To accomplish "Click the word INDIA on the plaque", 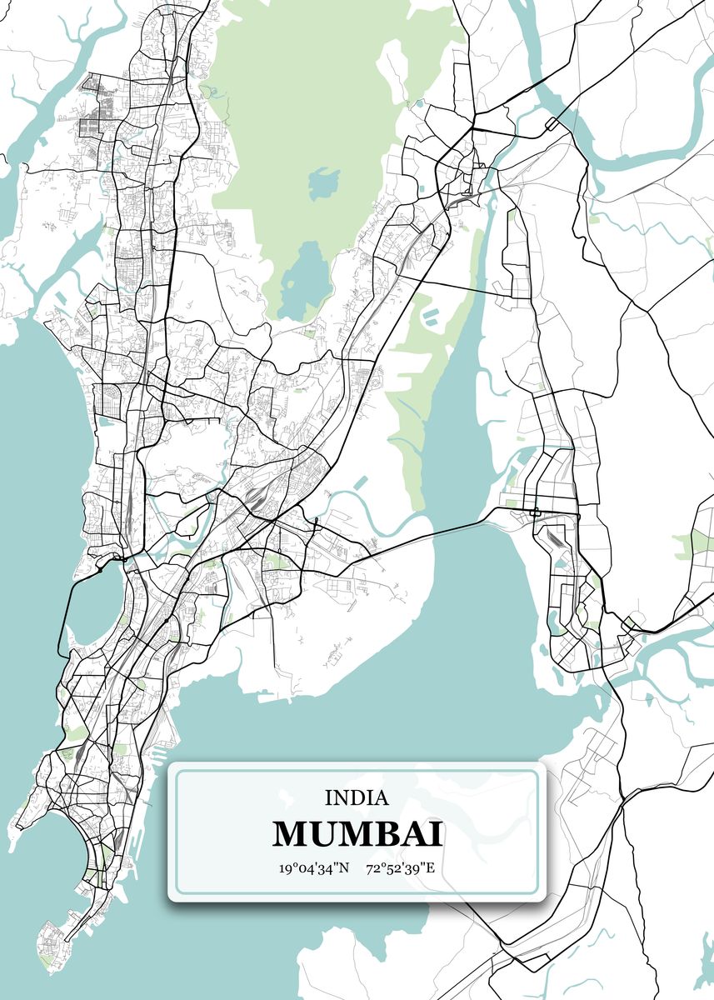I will (357, 797).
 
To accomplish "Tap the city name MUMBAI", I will (357, 833).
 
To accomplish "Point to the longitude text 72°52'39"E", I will (401, 868).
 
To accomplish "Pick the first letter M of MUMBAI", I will (288, 833).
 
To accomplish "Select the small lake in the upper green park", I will (323, 182).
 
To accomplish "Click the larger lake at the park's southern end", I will (304, 279).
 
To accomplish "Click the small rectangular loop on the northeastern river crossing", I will (552, 123).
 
